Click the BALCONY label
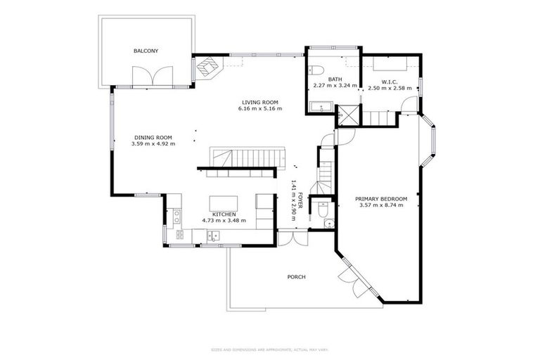tap(146, 51)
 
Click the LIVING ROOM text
tap(259, 102)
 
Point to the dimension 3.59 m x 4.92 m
tap(153, 143)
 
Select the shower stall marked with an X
tap(347, 115)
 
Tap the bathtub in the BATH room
tap(323, 108)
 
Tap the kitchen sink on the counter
tap(212, 236)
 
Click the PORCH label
tap(296, 277)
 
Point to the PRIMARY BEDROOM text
tap(380, 199)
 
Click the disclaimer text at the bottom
tap(269, 349)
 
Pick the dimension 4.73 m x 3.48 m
tap(224, 221)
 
